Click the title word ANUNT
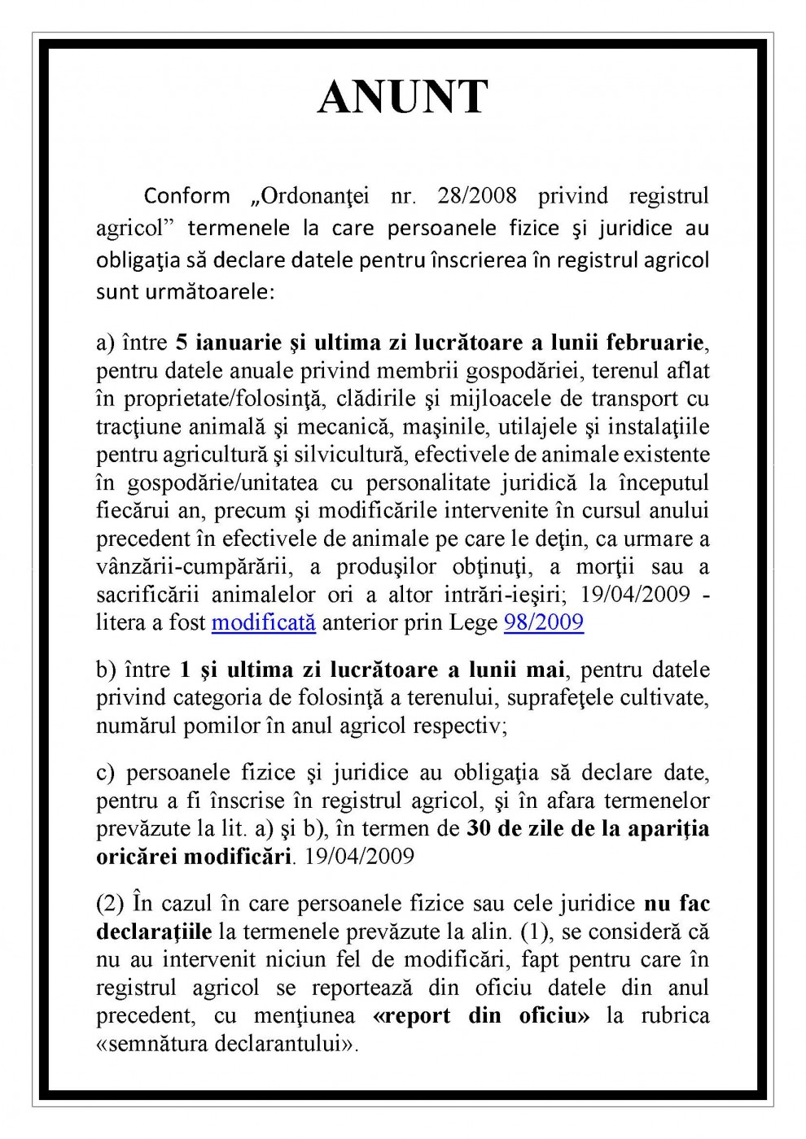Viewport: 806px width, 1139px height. pyautogui.click(x=403, y=98)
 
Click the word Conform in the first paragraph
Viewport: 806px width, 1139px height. pyautogui.click(x=187, y=196)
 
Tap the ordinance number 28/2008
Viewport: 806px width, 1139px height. pyautogui.click(x=476, y=196)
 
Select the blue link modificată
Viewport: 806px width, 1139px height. pyautogui.click(x=263, y=623)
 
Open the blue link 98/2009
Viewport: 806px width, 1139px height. pyautogui.click(x=544, y=623)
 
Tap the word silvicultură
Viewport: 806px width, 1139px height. pyautogui.click(x=339, y=455)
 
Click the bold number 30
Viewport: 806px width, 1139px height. pyautogui.click(x=480, y=829)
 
